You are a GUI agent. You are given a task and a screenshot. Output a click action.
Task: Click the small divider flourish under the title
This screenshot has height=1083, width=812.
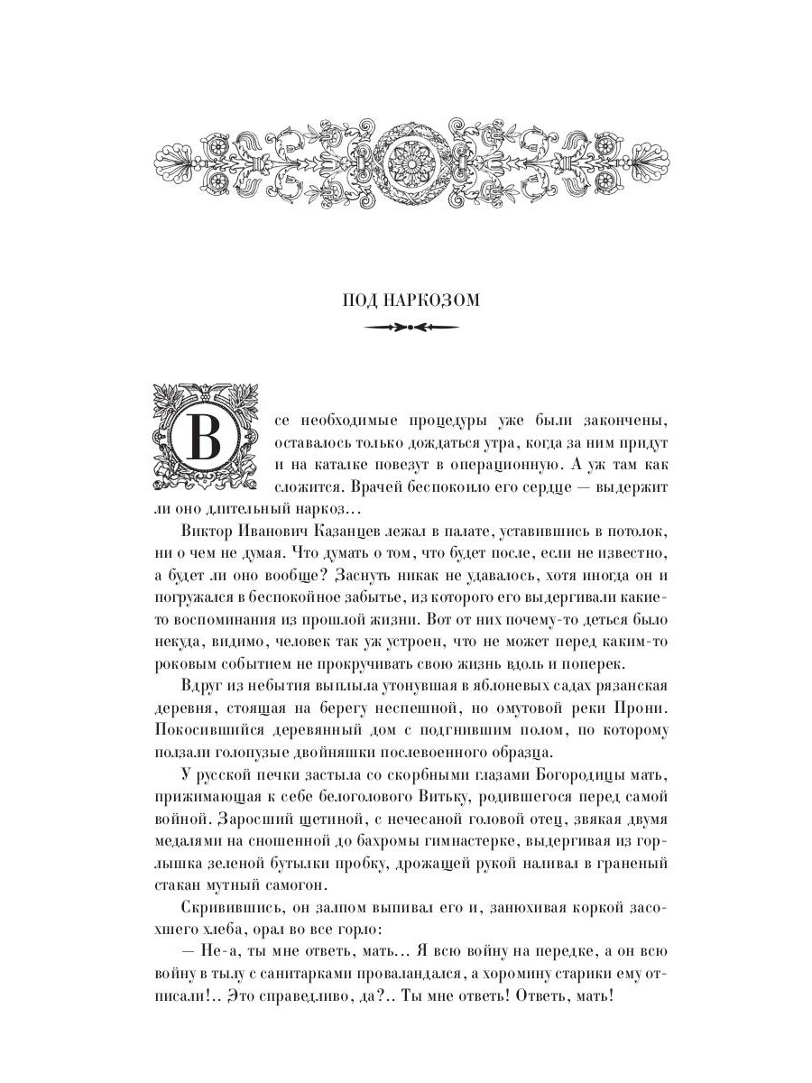pos(406,329)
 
